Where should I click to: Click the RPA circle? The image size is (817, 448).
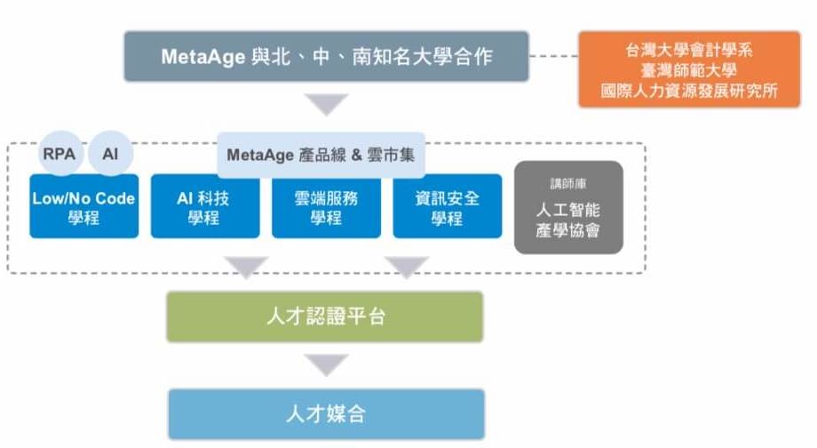tap(60, 153)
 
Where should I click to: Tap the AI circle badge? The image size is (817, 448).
tap(110, 153)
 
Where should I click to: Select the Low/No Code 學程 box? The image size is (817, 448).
tap(84, 206)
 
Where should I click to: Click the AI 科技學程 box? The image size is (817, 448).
tap(205, 206)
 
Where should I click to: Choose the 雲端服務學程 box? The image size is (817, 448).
tap(326, 206)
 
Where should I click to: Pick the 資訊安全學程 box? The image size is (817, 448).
tap(448, 206)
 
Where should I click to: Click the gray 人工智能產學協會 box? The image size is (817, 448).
tap(568, 208)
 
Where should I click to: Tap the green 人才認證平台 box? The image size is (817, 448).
tap(325, 316)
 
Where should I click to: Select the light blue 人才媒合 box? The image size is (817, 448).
tap(327, 414)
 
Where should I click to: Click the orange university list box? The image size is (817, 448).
tap(689, 69)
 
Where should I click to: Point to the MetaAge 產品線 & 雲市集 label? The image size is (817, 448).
tap(321, 155)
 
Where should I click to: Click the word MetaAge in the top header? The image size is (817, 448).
tap(203, 57)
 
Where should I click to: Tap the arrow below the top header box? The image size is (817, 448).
tap(327, 104)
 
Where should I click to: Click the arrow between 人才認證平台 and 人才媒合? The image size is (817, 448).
tap(327, 364)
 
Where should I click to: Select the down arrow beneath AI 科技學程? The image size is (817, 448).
tap(246, 267)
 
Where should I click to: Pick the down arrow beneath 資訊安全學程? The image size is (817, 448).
tap(407, 267)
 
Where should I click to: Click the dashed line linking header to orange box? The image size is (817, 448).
tap(554, 56)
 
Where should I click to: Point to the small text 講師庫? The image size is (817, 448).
tap(568, 184)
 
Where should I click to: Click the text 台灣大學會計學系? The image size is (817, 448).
tap(689, 50)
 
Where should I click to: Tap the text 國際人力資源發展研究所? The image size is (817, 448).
tap(689, 91)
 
